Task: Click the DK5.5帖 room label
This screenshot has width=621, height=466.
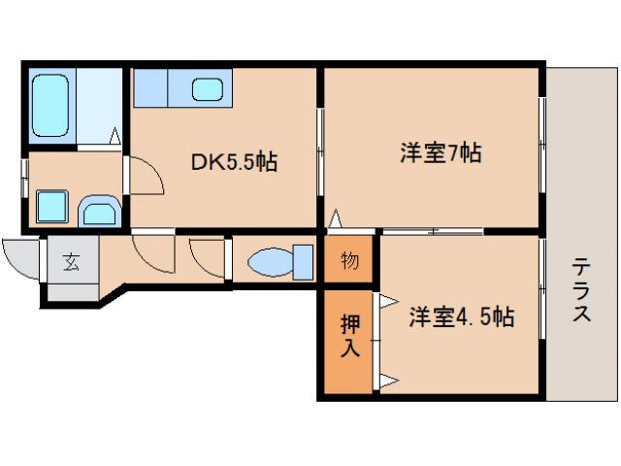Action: (x=234, y=161)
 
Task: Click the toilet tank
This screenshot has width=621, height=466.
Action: (x=303, y=262)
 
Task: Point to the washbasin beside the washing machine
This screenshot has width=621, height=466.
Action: (x=97, y=208)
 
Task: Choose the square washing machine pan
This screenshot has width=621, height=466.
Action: (x=50, y=206)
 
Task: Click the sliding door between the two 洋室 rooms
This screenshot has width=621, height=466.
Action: (x=432, y=231)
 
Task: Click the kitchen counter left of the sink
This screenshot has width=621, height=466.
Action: (x=152, y=90)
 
